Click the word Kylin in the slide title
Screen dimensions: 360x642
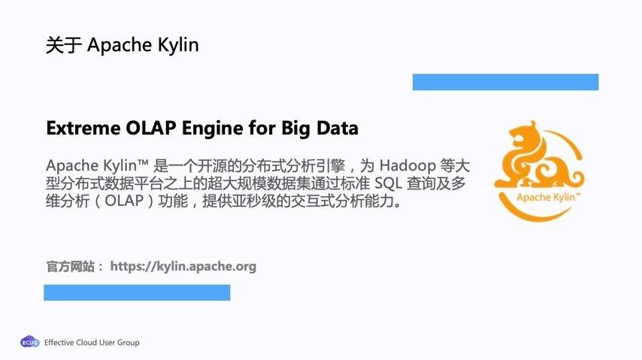[x=178, y=45]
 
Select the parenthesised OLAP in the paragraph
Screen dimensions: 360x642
[x=123, y=204]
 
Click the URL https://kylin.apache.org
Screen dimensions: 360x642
[x=183, y=266]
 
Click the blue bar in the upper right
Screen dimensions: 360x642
[x=505, y=82]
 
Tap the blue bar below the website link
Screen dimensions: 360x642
[x=137, y=292]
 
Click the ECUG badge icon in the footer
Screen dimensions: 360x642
[x=29, y=343]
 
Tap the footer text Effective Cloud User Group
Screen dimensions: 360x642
[x=92, y=343]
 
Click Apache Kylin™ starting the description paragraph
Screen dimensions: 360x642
[x=97, y=165]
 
